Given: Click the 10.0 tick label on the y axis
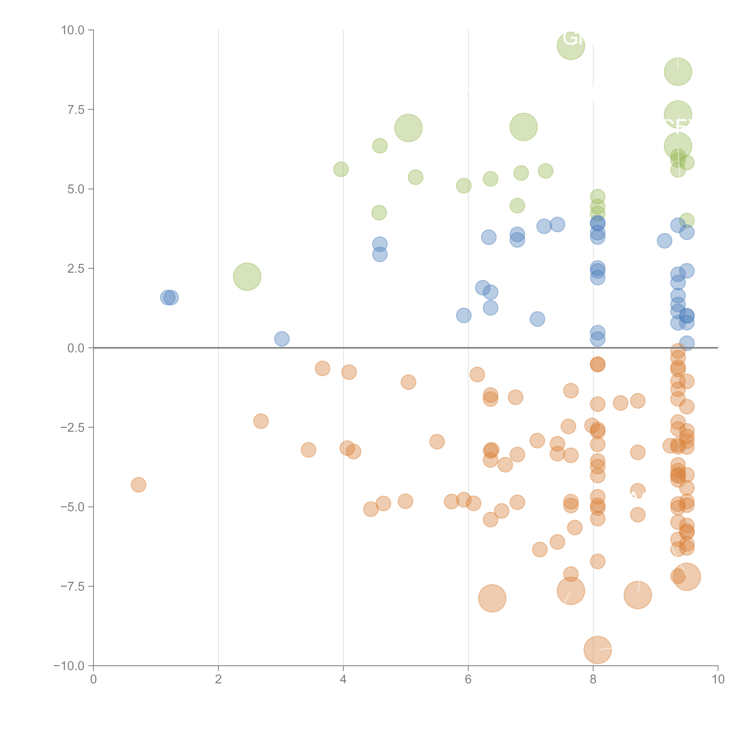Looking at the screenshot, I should pyautogui.click(x=73, y=30).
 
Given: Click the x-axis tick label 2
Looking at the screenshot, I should pyautogui.click(x=218, y=679).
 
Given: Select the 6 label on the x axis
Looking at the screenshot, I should pyautogui.click(x=468, y=679).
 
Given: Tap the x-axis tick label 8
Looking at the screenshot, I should pyautogui.click(x=593, y=679).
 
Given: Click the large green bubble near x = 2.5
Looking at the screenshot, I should pyautogui.click(x=247, y=276).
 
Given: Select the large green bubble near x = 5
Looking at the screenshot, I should pyautogui.click(x=408, y=128).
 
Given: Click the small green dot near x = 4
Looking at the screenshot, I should pyautogui.click(x=341, y=169).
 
